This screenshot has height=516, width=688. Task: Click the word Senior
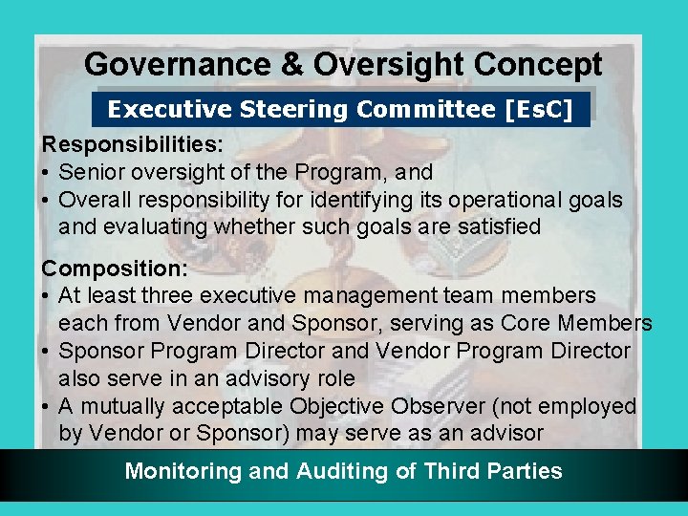click(91, 173)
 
